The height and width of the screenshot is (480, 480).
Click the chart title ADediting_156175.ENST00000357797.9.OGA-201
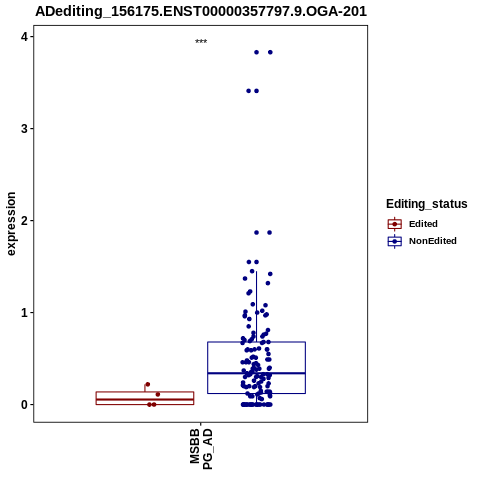[201, 11]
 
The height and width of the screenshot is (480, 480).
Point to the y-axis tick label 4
[24, 37]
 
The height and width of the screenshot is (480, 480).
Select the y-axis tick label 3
[24, 129]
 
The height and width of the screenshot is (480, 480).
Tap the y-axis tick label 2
[24, 221]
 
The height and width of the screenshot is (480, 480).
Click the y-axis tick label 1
[24, 313]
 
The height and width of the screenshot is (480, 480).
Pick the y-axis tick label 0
[24, 405]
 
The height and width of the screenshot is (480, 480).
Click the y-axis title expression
[11, 224]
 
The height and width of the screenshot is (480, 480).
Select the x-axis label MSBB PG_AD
[201, 449]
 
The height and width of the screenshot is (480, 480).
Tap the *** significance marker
[201, 41]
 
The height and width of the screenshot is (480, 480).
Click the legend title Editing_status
[427, 204]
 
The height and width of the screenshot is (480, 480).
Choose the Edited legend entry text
[423, 224]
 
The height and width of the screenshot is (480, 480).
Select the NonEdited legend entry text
[433, 241]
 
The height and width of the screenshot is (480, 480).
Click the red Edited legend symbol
[395, 224]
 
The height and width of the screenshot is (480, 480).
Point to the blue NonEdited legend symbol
[395, 241]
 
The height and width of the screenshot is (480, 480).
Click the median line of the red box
[145, 399]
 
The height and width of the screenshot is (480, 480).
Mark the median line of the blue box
[256, 373]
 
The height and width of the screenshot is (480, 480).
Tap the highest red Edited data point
[148, 384]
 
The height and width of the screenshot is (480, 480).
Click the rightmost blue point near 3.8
[270, 52]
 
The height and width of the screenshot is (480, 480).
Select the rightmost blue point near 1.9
[270, 233]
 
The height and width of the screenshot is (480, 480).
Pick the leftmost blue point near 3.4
[248, 91]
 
